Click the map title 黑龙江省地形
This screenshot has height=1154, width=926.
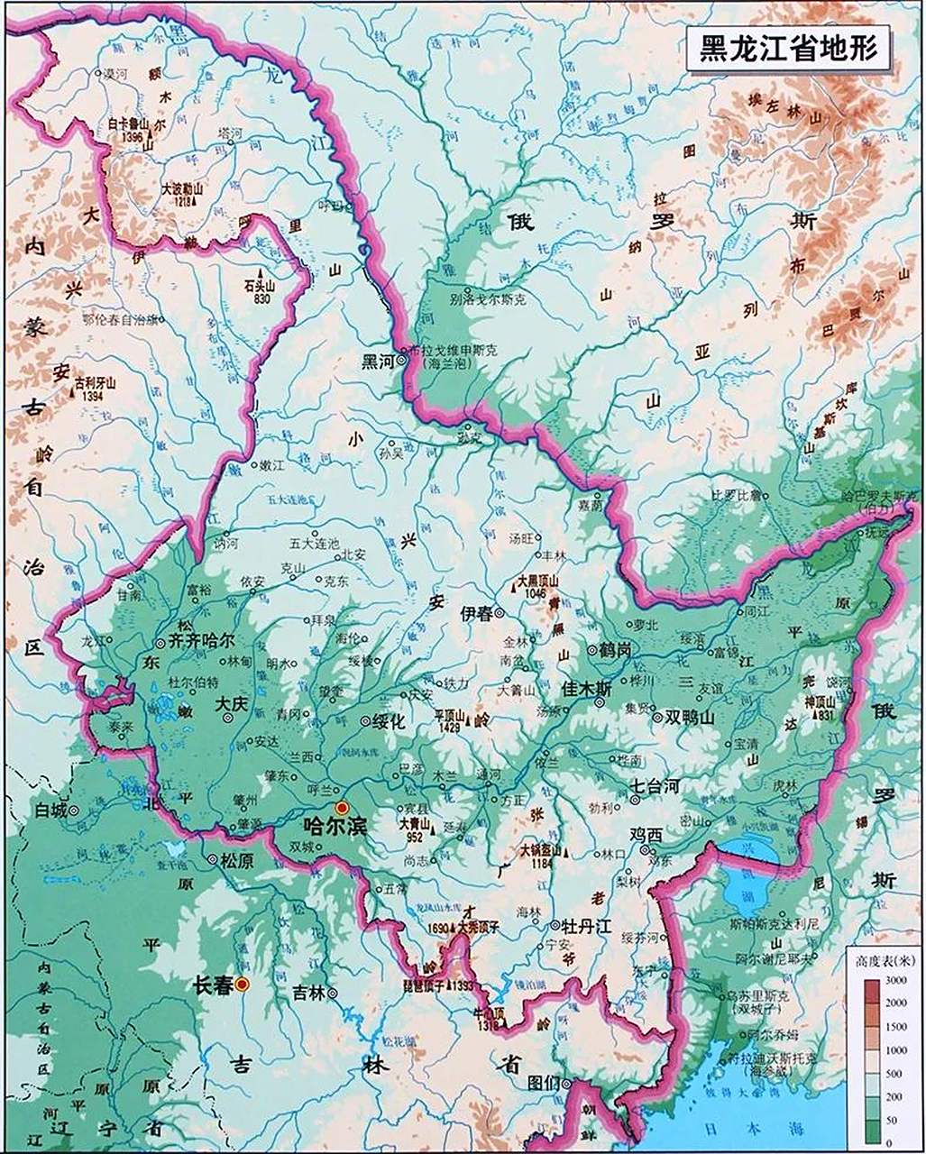pos(788,48)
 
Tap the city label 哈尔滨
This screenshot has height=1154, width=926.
pos(335,825)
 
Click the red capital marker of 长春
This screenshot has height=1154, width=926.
pos(243,985)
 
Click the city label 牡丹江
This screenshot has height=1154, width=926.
pos(586,926)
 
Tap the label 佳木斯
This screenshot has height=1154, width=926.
pos(587,689)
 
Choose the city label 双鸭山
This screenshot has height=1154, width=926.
pos(689,718)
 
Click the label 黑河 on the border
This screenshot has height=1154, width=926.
pos(378,362)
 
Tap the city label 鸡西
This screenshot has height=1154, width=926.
pos(646,836)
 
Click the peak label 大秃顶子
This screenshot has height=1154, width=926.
pos(478,926)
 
